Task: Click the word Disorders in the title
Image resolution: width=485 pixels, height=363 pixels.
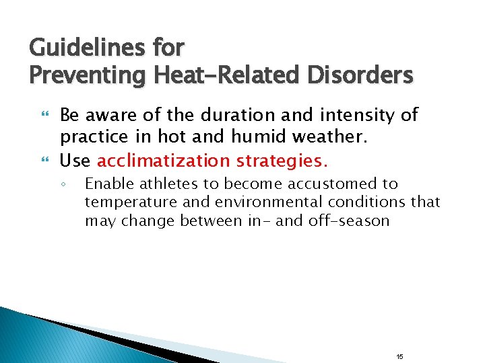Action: click(x=360, y=75)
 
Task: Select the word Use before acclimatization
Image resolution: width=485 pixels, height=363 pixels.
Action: click(x=76, y=161)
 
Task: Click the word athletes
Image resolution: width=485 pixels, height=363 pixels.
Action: click(x=161, y=184)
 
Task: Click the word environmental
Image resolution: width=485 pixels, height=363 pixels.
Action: click(x=260, y=202)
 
